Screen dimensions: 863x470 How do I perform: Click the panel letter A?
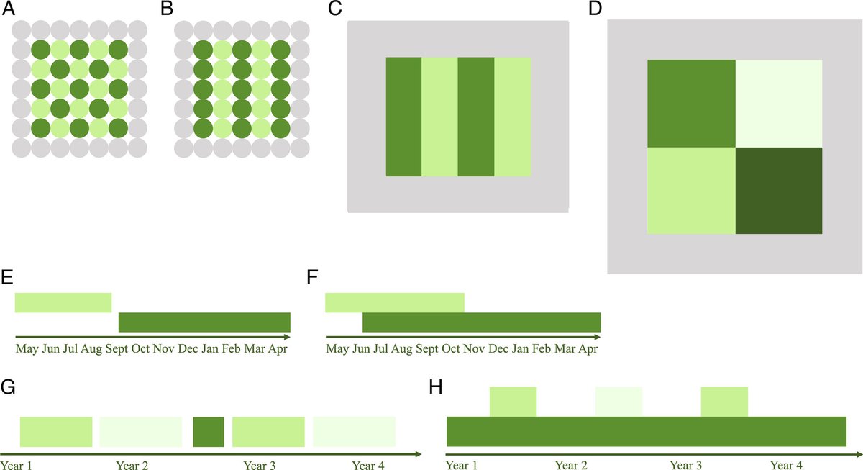(9, 9)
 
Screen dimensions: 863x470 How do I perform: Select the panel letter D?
(595, 9)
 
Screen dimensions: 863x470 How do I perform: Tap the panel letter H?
(436, 387)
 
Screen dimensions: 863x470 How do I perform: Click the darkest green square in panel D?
(779, 191)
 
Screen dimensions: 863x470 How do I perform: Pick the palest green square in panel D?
(779, 104)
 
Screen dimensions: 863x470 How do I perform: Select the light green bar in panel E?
(63, 303)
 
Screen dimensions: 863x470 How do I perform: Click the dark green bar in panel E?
(204, 322)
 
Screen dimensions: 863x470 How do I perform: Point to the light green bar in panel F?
(395, 303)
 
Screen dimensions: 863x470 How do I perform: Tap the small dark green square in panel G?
(209, 432)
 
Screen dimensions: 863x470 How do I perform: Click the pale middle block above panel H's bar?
(618, 402)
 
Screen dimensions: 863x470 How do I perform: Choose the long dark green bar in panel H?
(647, 431)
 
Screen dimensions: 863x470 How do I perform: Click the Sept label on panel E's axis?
(117, 349)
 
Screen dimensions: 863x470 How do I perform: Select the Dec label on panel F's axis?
(498, 349)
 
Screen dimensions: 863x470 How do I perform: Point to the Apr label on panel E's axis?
(278, 349)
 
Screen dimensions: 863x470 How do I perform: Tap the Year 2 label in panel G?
(132, 465)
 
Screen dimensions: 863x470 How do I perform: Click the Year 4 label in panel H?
(786, 465)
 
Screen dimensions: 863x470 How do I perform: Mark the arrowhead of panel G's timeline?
(419, 454)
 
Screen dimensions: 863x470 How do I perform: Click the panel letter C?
(335, 9)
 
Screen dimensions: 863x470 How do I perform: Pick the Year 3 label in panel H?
(686, 465)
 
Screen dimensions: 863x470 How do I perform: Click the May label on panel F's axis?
(337, 349)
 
